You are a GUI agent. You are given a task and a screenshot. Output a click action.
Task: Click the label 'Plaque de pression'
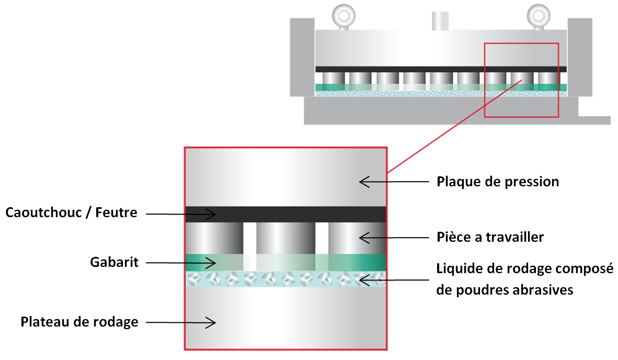(497, 182)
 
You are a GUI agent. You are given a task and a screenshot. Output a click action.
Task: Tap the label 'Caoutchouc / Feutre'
(71, 213)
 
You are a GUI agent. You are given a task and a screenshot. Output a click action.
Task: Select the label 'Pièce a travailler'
(490, 237)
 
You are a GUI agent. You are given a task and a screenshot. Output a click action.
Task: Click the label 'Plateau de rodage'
(79, 321)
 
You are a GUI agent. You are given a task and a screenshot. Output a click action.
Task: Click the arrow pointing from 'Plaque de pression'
(392, 182)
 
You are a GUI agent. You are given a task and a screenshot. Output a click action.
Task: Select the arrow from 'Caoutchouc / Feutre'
(180, 213)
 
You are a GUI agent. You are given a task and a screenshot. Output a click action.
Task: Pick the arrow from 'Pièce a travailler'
(392, 237)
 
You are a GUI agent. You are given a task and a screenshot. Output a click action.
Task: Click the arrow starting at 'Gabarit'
(180, 262)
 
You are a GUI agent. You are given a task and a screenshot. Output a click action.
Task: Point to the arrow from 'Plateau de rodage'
(180, 322)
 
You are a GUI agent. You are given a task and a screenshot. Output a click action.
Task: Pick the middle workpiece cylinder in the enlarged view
(285, 239)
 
